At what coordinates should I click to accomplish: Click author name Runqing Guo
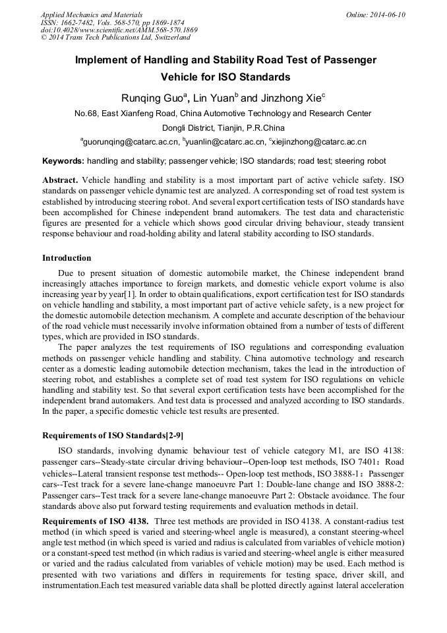155,98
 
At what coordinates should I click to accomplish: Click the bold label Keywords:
63,161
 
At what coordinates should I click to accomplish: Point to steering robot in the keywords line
361,161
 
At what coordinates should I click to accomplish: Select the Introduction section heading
67,257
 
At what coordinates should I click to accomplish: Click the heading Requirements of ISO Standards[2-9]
113,435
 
